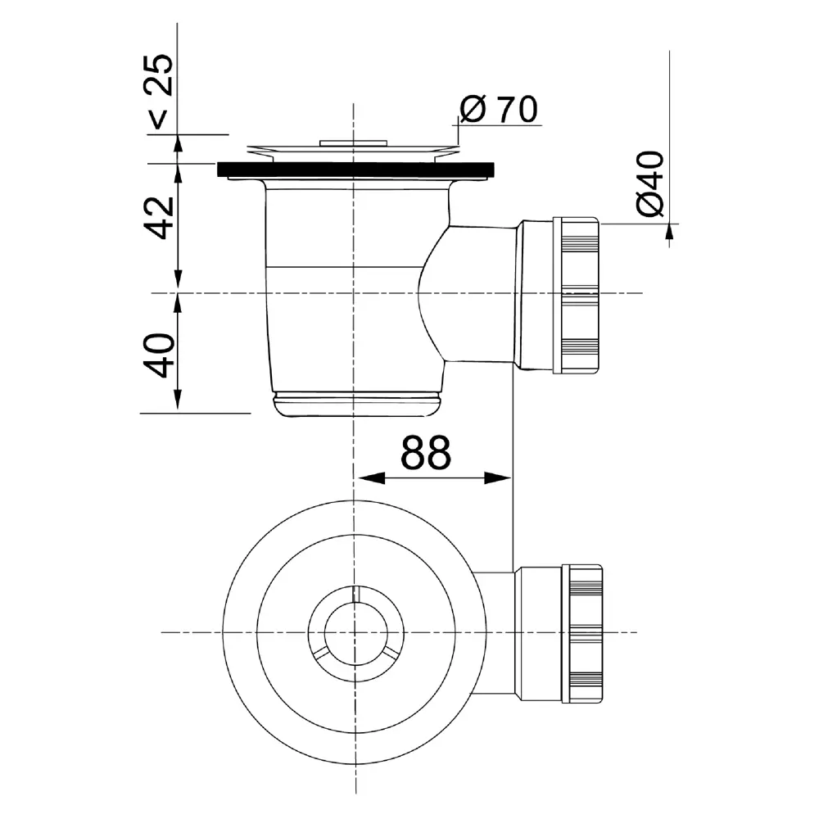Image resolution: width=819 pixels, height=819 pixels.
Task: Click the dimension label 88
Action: click(x=425, y=452)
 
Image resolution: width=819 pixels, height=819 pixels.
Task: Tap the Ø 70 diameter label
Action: click(x=498, y=109)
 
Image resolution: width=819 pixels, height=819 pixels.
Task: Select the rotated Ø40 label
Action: click(x=650, y=183)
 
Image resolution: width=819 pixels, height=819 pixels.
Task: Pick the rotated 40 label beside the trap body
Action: click(x=159, y=355)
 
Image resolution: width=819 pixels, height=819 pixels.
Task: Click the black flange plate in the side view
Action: click(x=355, y=170)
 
